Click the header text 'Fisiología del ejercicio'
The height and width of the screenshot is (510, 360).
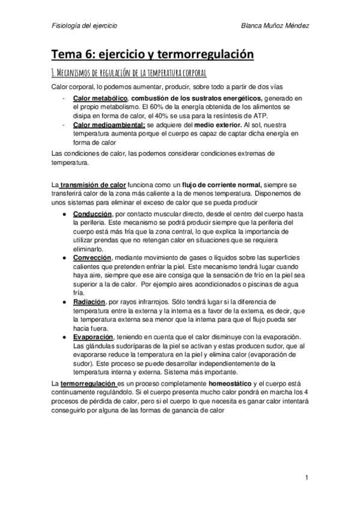click(x=84, y=26)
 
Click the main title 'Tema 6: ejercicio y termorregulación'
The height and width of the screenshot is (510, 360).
click(x=153, y=55)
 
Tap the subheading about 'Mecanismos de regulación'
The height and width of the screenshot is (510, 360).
click(x=129, y=73)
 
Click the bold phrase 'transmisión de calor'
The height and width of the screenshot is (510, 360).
click(x=93, y=185)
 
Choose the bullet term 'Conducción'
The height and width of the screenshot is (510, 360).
click(x=92, y=214)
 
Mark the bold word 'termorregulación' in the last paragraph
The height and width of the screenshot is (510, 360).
click(x=88, y=383)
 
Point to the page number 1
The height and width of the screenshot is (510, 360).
click(x=306, y=479)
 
